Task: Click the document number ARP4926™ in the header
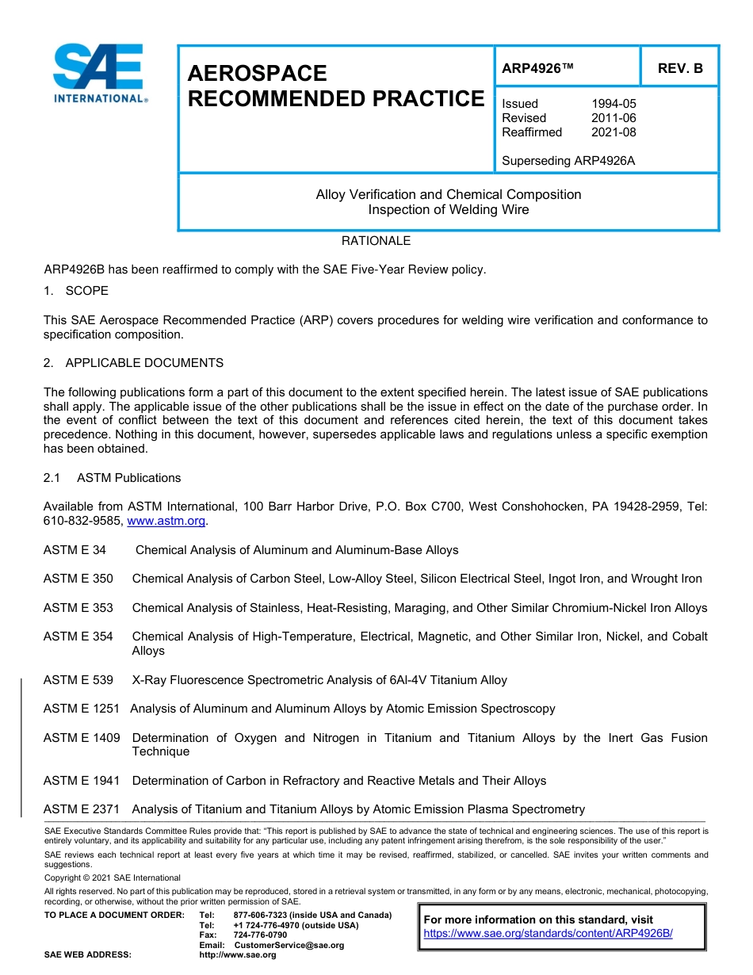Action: coord(537,68)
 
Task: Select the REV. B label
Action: coord(679,68)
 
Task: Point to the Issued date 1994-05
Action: coord(613,104)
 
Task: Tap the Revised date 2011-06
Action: coord(613,118)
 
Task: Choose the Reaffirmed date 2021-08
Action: coord(613,132)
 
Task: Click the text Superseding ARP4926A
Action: coord(568,161)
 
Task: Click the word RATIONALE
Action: coord(376,241)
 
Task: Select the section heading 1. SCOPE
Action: coord(76,291)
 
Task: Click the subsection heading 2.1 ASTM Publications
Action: coord(112,478)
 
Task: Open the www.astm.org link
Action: coord(166,522)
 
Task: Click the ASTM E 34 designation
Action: coord(75,550)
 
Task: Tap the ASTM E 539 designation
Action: coord(78,680)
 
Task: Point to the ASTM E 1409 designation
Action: coord(82,738)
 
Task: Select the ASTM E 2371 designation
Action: coord(82,809)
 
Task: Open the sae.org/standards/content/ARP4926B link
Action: coord(548,934)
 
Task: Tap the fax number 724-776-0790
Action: coord(260,935)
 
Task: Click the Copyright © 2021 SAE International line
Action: coord(113,877)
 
